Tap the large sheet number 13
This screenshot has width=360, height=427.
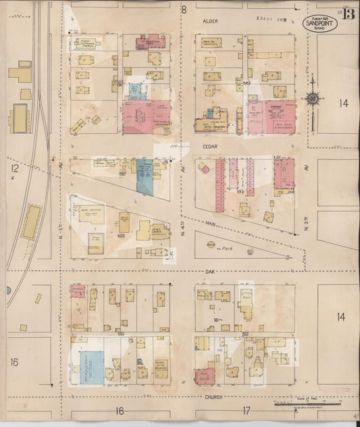(347, 16)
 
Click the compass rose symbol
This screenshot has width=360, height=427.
(313, 99)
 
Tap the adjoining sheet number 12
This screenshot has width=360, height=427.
(14, 166)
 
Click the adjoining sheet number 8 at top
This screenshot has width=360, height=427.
(183, 9)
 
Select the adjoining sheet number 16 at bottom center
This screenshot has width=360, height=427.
(120, 410)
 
